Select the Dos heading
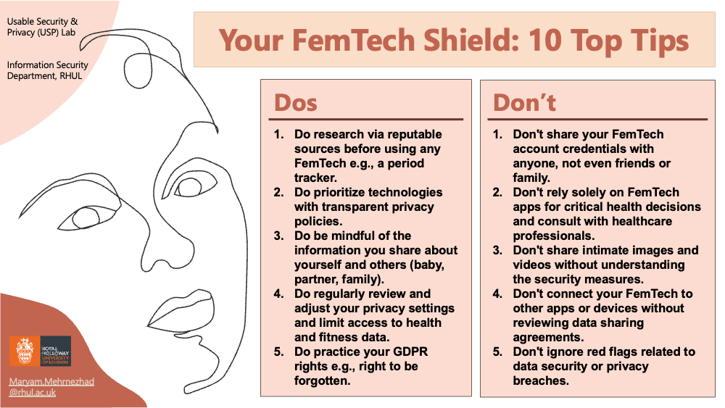pyautogui.click(x=296, y=103)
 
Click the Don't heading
pyautogui.click(x=524, y=103)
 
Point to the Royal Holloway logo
pyautogui.click(x=40, y=351)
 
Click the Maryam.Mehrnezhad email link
pyautogui.click(x=51, y=387)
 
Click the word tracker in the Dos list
pyautogui.click(x=315, y=178)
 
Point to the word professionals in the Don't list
pyautogui.click(x=553, y=236)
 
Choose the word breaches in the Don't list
pyautogui.click(x=541, y=380)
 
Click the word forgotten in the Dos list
pyautogui.click(x=323, y=380)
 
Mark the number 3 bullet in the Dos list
pyautogui.click(x=278, y=236)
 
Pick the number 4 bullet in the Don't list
pyautogui.click(x=497, y=294)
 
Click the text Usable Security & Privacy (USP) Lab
pyautogui.click(x=42, y=27)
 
